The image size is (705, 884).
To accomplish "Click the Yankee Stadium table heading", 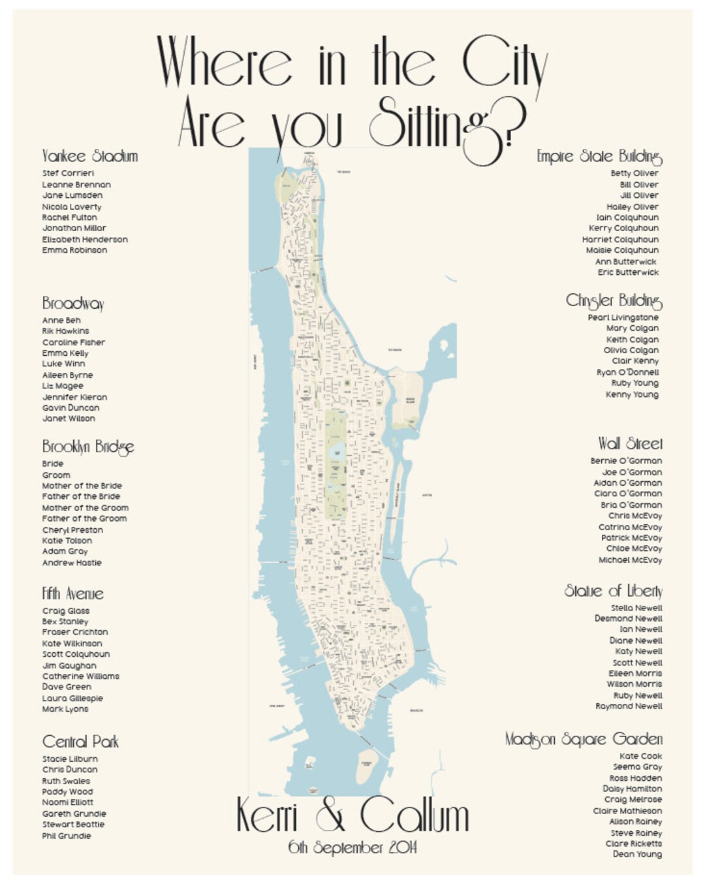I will (x=89, y=156).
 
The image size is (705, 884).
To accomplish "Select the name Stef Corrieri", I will (x=68, y=173).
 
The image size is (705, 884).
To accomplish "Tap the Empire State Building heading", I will (x=599, y=157).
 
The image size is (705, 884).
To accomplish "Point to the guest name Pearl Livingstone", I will (x=623, y=317).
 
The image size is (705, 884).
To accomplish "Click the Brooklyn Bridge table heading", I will (x=88, y=447).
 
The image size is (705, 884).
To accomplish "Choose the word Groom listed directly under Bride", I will (x=56, y=475).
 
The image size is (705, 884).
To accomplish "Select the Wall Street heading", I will (x=629, y=444).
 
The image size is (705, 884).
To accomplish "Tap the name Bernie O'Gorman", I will (x=626, y=461).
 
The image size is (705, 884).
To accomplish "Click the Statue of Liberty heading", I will (x=613, y=591).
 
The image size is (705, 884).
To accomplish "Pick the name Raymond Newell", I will (x=629, y=706).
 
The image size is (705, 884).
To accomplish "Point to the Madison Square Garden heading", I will (x=584, y=739).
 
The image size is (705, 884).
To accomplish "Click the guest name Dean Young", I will (x=637, y=854).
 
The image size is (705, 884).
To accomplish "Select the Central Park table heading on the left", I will (x=80, y=742).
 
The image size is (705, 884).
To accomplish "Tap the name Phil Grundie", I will (x=67, y=836).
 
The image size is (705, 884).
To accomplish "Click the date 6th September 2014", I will (x=352, y=847).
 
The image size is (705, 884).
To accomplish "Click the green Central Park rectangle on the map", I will (x=336, y=464).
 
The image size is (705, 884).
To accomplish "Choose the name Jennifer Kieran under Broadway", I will (x=74, y=397).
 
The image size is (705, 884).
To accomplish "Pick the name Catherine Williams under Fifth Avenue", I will (x=81, y=676).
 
